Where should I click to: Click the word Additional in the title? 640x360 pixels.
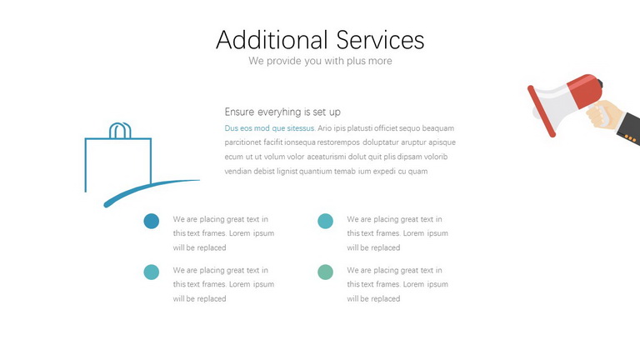(272, 40)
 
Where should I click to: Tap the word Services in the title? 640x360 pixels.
(380, 40)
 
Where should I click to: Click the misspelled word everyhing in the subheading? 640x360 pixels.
(279, 112)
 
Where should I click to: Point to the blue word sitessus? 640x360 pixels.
(301, 128)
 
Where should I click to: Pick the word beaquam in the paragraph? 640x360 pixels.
(438, 128)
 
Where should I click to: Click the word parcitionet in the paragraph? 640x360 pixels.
(242, 142)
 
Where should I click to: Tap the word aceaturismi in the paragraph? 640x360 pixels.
(327, 157)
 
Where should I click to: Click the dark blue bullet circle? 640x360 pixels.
(152, 221)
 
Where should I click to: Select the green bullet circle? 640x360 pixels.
(325, 272)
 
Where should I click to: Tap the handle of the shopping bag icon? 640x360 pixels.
(120, 125)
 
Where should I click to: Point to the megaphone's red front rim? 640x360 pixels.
(541, 111)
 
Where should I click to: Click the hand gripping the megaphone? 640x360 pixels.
(604, 115)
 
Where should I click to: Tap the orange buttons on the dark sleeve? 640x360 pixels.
(630, 139)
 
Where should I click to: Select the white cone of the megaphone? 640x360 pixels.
(556, 105)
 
